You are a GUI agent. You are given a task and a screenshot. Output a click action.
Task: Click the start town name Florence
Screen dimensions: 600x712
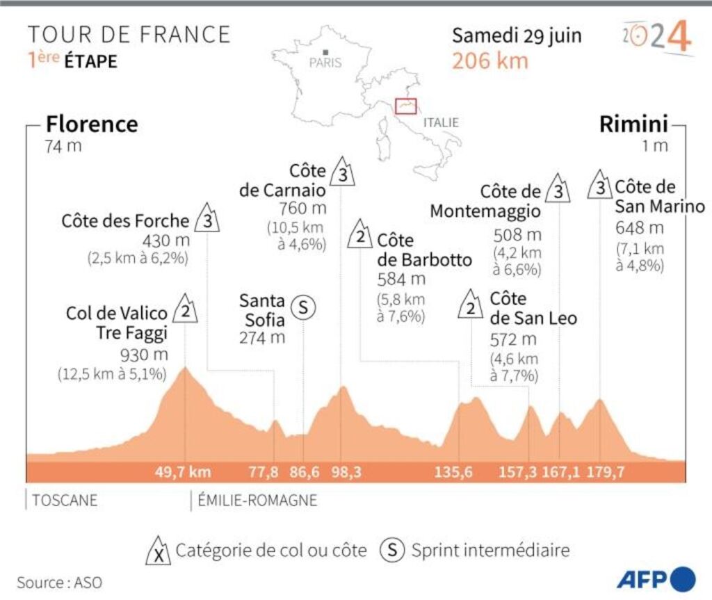pyautogui.click(x=92, y=124)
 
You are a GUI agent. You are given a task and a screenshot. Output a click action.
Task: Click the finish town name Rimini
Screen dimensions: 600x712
pyautogui.click(x=633, y=124)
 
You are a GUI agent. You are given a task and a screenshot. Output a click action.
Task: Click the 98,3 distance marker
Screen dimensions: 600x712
pyautogui.click(x=346, y=473)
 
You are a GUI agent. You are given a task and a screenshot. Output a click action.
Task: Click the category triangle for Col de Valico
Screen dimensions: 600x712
pyautogui.click(x=185, y=310)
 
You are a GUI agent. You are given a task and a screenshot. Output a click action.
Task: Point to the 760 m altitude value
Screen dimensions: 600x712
pyautogui.click(x=302, y=208)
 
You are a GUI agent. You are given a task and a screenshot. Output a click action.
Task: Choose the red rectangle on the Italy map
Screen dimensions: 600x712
pyautogui.click(x=405, y=106)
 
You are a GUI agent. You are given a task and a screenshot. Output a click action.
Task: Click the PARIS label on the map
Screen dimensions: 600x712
pyautogui.click(x=325, y=63)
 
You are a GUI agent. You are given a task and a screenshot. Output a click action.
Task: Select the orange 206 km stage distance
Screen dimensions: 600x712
pyautogui.click(x=490, y=60)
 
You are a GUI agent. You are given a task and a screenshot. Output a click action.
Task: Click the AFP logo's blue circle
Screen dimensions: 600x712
pyautogui.click(x=683, y=578)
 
